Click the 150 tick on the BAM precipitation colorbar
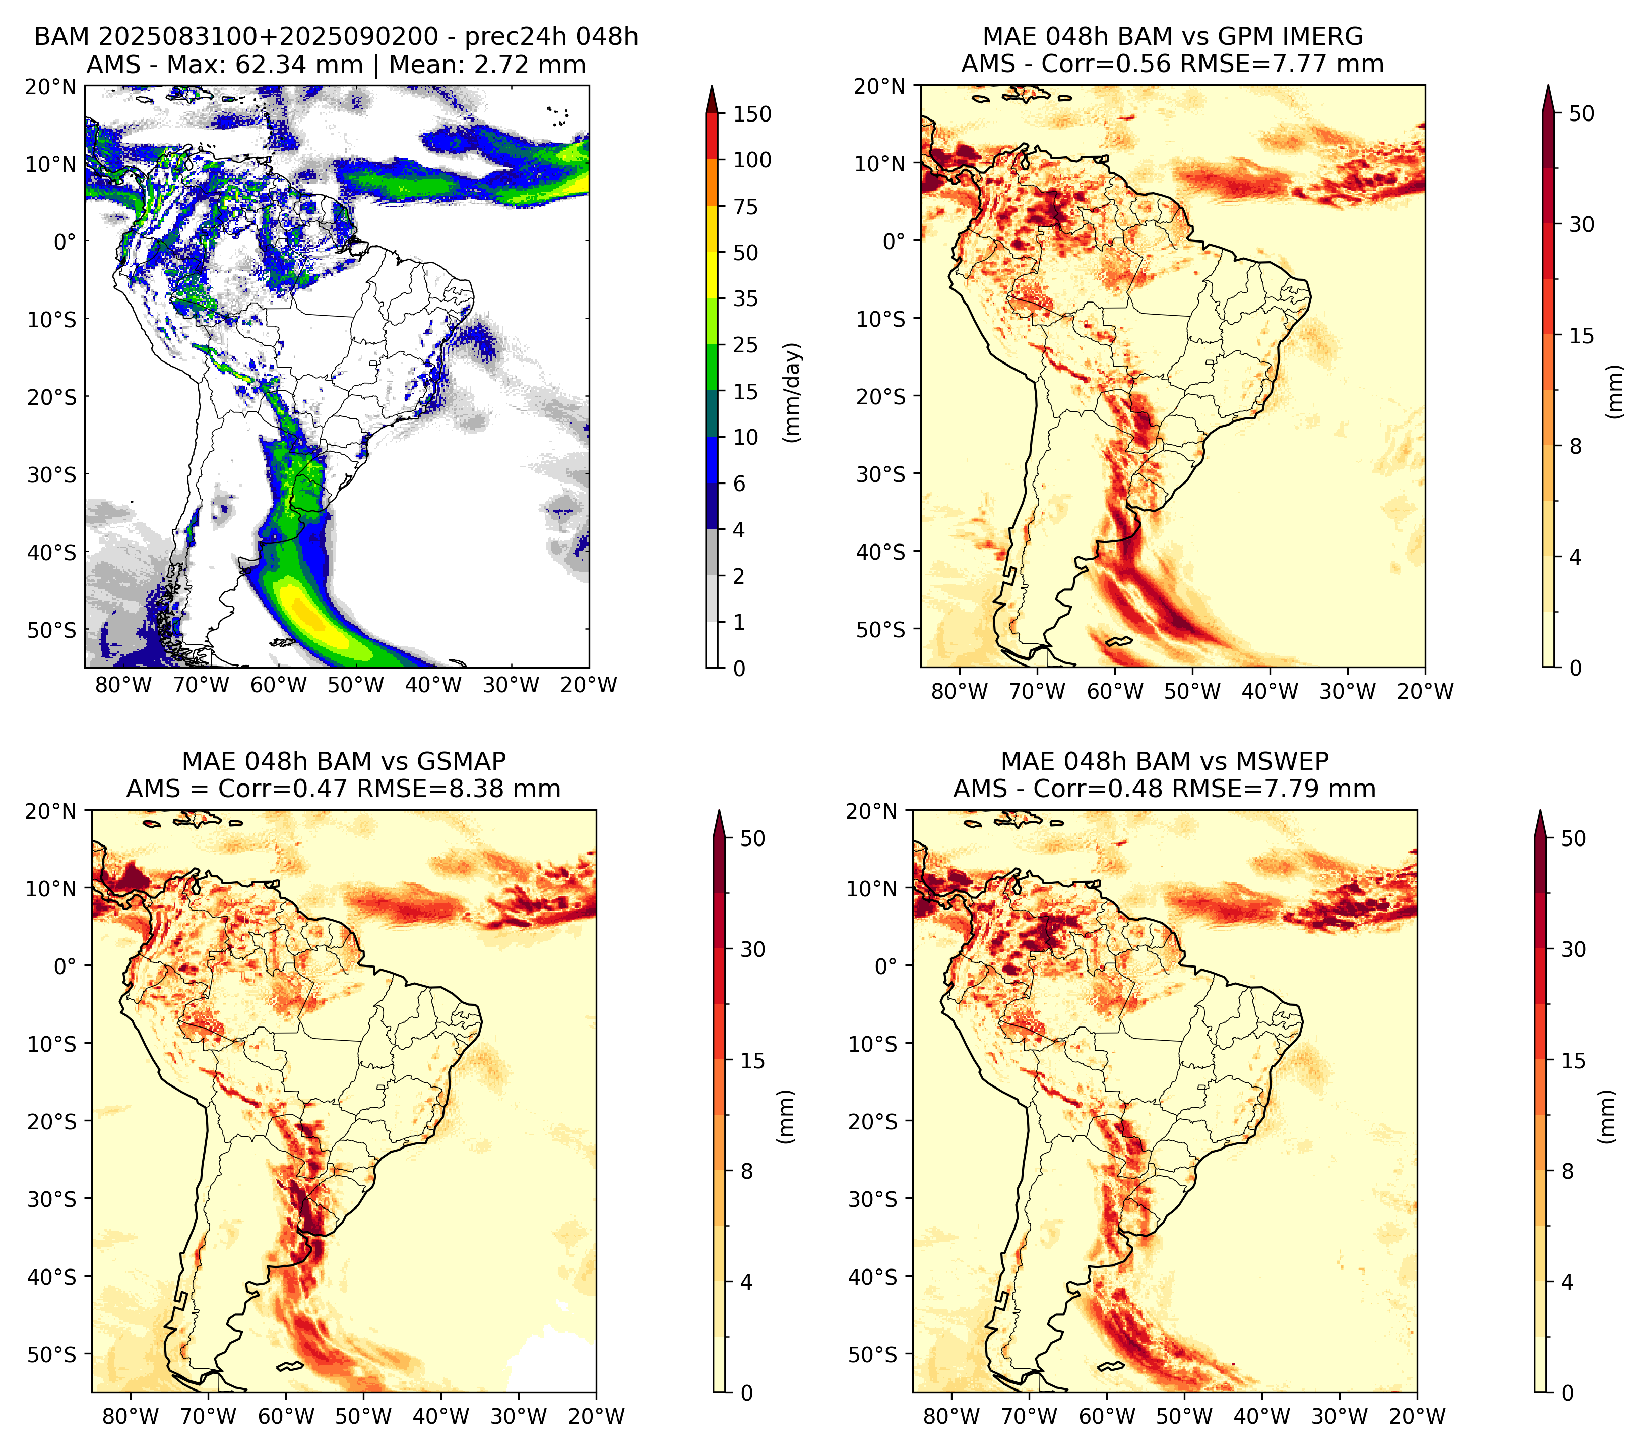coord(751,114)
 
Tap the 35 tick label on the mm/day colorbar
coord(745,298)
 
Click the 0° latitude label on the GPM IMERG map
coord(895,240)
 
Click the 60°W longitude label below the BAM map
coord(279,685)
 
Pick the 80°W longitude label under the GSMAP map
coord(131,1416)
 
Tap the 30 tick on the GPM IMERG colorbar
coord(1581,224)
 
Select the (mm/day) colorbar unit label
coord(794,392)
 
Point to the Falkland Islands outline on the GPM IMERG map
coord(1120,642)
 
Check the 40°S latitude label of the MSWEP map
coord(873,1277)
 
